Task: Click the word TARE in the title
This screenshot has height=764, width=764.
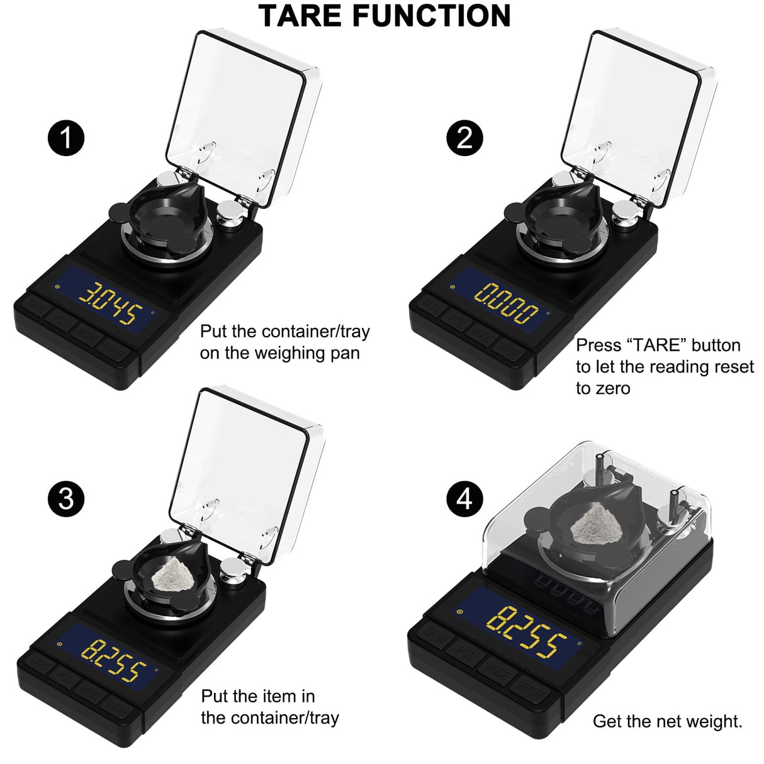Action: (x=301, y=16)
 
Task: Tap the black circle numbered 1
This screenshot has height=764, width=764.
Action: (x=66, y=138)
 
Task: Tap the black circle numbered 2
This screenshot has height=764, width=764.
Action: (x=464, y=138)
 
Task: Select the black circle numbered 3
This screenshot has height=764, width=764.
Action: (x=66, y=499)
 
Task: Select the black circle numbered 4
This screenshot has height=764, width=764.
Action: (x=464, y=499)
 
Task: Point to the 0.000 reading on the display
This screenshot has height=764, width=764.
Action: (x=506, y=302)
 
